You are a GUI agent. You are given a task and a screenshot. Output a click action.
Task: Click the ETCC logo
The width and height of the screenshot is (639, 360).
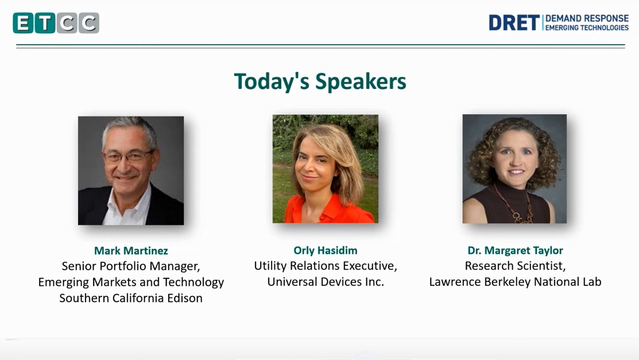56,23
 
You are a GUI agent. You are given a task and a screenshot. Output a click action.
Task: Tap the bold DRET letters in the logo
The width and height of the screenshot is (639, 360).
514,23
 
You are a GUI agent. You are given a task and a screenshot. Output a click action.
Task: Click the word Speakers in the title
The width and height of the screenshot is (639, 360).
361,81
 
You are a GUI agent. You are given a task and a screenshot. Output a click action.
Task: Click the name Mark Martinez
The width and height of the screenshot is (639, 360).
131,250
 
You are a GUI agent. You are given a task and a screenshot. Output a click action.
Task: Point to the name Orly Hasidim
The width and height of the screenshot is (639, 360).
325,250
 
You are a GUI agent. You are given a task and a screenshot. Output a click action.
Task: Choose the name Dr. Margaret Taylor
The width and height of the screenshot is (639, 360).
515,250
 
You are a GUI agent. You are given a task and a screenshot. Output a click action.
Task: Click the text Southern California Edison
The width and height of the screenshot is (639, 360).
131,298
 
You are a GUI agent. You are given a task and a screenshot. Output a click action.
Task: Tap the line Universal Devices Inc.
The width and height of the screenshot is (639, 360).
325,282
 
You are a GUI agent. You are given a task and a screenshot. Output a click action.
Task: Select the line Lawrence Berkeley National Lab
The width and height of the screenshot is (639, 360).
515,282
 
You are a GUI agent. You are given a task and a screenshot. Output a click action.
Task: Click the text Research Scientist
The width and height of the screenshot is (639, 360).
515,266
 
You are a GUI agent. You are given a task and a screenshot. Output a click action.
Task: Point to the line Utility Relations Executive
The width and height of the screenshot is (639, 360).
325,266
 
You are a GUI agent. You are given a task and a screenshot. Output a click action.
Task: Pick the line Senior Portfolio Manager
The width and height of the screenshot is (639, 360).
131,266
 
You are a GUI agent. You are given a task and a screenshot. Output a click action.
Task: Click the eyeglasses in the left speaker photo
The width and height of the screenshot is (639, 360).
127,156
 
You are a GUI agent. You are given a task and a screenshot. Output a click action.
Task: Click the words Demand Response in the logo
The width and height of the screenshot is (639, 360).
587,18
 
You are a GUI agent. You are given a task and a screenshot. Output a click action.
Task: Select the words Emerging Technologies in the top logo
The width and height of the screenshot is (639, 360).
587,28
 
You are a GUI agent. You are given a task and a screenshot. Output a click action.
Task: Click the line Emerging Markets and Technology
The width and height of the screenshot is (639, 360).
131,282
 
